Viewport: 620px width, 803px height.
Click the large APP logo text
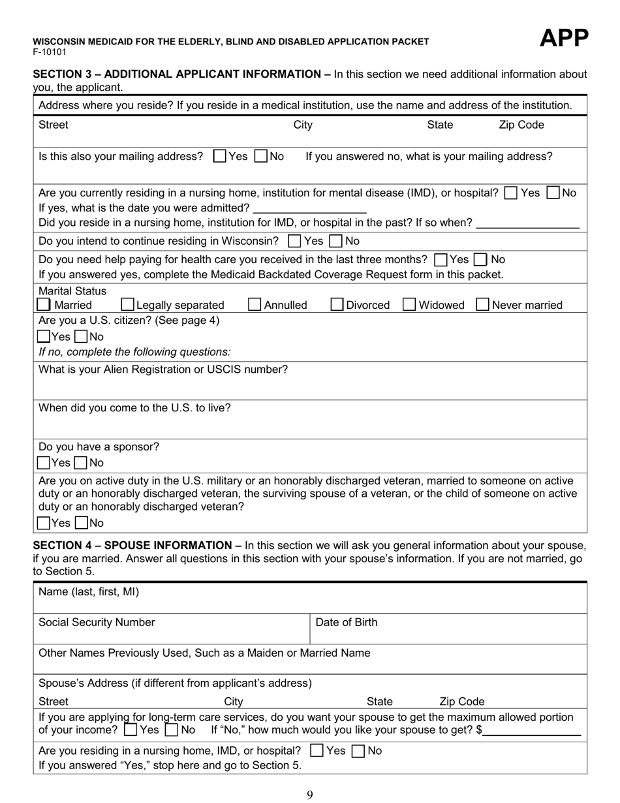(564, 39)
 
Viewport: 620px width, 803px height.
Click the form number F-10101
(50, 52)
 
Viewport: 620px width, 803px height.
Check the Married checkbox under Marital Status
(44, 305)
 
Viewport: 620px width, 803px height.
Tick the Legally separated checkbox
(128, 305)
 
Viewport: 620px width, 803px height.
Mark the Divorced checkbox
(337, 305)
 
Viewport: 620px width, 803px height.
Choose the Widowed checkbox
(410, 305)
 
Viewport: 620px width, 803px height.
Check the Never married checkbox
(483, 305)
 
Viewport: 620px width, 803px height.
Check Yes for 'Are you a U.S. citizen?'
(44, 337)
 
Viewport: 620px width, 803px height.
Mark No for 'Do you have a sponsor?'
(81, 464)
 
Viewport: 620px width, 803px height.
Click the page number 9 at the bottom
(310, 795)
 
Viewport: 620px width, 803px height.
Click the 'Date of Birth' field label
(346, 622)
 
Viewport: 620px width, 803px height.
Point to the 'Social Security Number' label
(97, 622)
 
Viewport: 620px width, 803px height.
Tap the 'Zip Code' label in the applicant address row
(521, 125)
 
